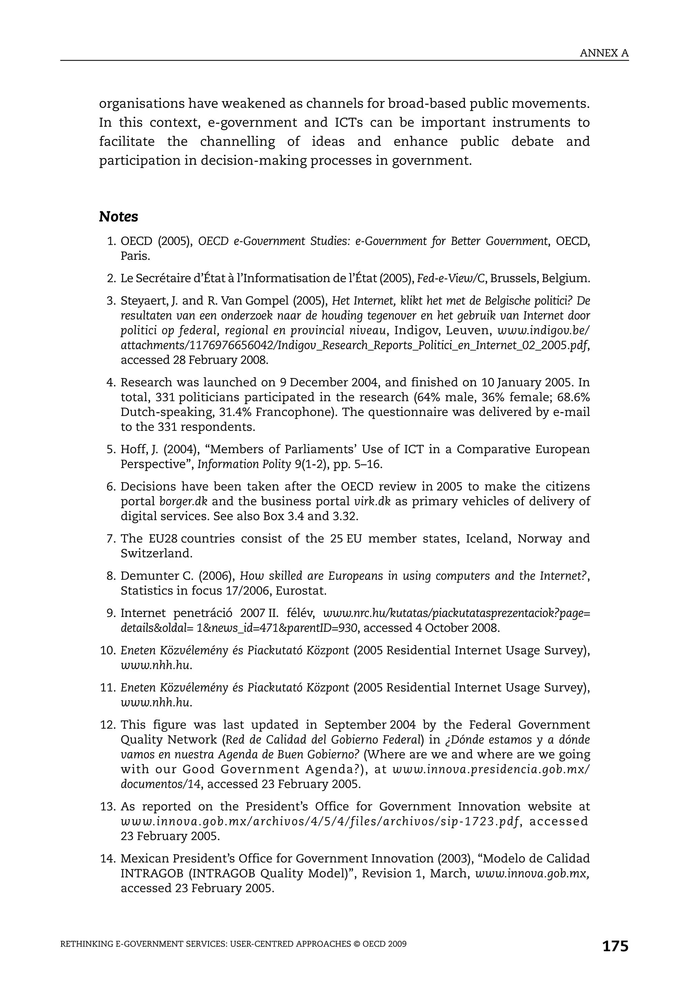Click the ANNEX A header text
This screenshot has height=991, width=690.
(x=604, y=53)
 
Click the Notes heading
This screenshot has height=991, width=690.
(x=118, y=217)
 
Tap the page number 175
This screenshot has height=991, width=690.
(x=615, y=946)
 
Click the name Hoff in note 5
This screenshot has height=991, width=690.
(x=133, y=449)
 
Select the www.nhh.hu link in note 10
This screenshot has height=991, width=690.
(x=155, y=665)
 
